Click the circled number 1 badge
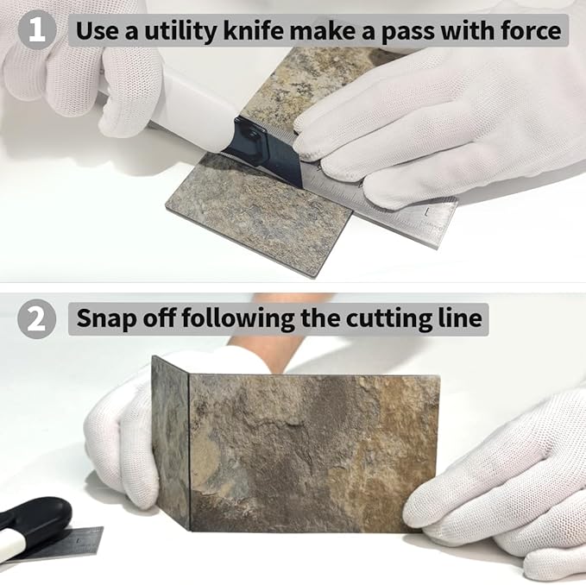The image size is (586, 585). pyautogui.click(x=36, y=30)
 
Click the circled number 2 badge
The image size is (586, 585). pyautogui.click(x=36, y=318)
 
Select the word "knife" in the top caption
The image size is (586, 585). pyautogui.click(x=254, y=30)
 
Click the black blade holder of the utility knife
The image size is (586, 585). pyautogui.click(x=262, y=149)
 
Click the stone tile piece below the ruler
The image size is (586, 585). pyautogui.click(x=258, y=213)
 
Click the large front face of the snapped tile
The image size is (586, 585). pyautogui.click(x=314, y=452)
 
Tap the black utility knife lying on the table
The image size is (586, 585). pyautogui.click(x=30, y=523)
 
